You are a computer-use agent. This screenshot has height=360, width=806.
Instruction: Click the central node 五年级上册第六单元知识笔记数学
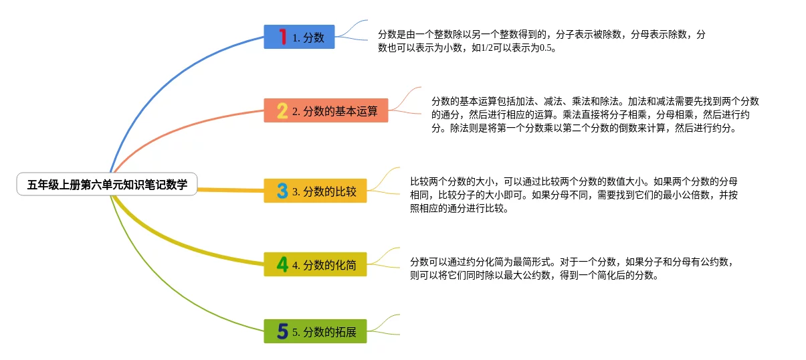tap(107, 184)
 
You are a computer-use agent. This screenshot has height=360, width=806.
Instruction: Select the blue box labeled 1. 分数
tap(299, 37)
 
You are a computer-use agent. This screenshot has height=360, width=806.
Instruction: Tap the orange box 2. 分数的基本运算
tap(326, 111)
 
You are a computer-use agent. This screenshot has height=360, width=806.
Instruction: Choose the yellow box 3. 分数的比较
tap(315, 191)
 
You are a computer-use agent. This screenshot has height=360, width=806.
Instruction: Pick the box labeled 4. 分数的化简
tap(315, 264)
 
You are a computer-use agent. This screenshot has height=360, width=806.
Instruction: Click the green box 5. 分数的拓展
tap(315, 331)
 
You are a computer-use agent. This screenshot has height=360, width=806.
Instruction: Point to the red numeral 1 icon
tap(282, 37)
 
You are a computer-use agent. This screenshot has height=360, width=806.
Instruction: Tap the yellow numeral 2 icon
tap(282, 110)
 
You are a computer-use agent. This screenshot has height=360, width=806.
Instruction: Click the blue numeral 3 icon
tap(282, 191)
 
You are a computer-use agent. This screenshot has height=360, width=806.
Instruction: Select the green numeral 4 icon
tap(282, 264)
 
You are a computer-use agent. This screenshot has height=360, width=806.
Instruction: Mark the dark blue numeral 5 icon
tap(282, 331)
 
